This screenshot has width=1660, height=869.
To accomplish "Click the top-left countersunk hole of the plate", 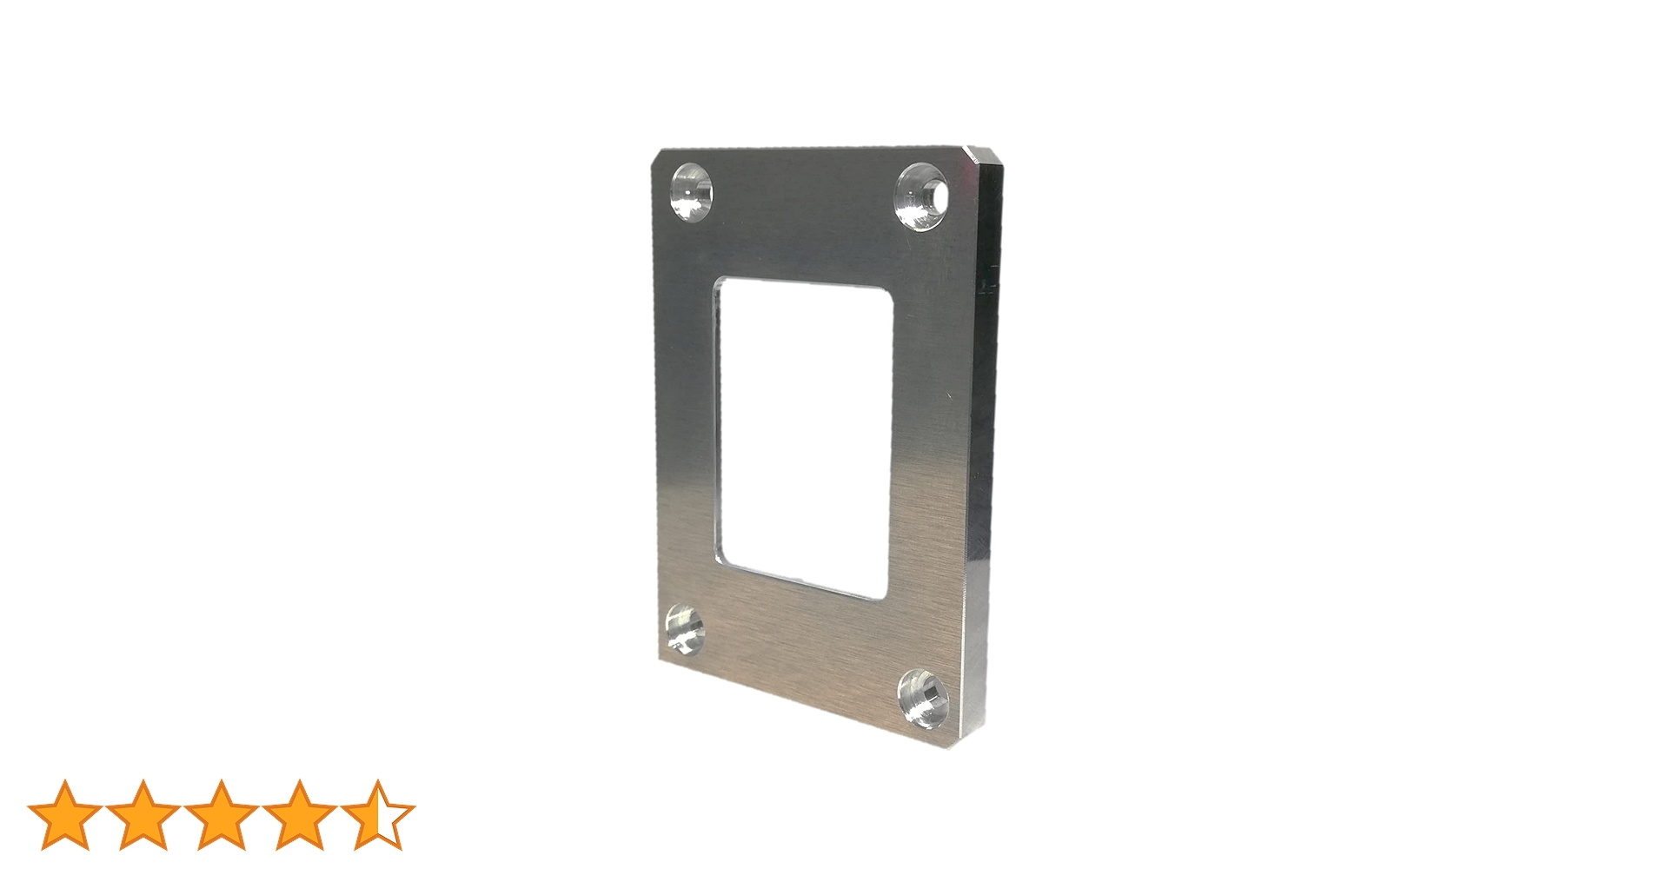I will pos(691,191).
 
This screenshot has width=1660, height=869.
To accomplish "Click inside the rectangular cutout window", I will pos(804,434).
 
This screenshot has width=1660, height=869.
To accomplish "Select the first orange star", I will pos(65,814).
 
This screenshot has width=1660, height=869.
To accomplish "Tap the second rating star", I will pos(143,814).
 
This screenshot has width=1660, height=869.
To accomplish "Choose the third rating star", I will pos(221,814).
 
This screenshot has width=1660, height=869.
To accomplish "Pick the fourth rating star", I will pos(299,814).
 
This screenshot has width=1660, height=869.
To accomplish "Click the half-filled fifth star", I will pos(377,814).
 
